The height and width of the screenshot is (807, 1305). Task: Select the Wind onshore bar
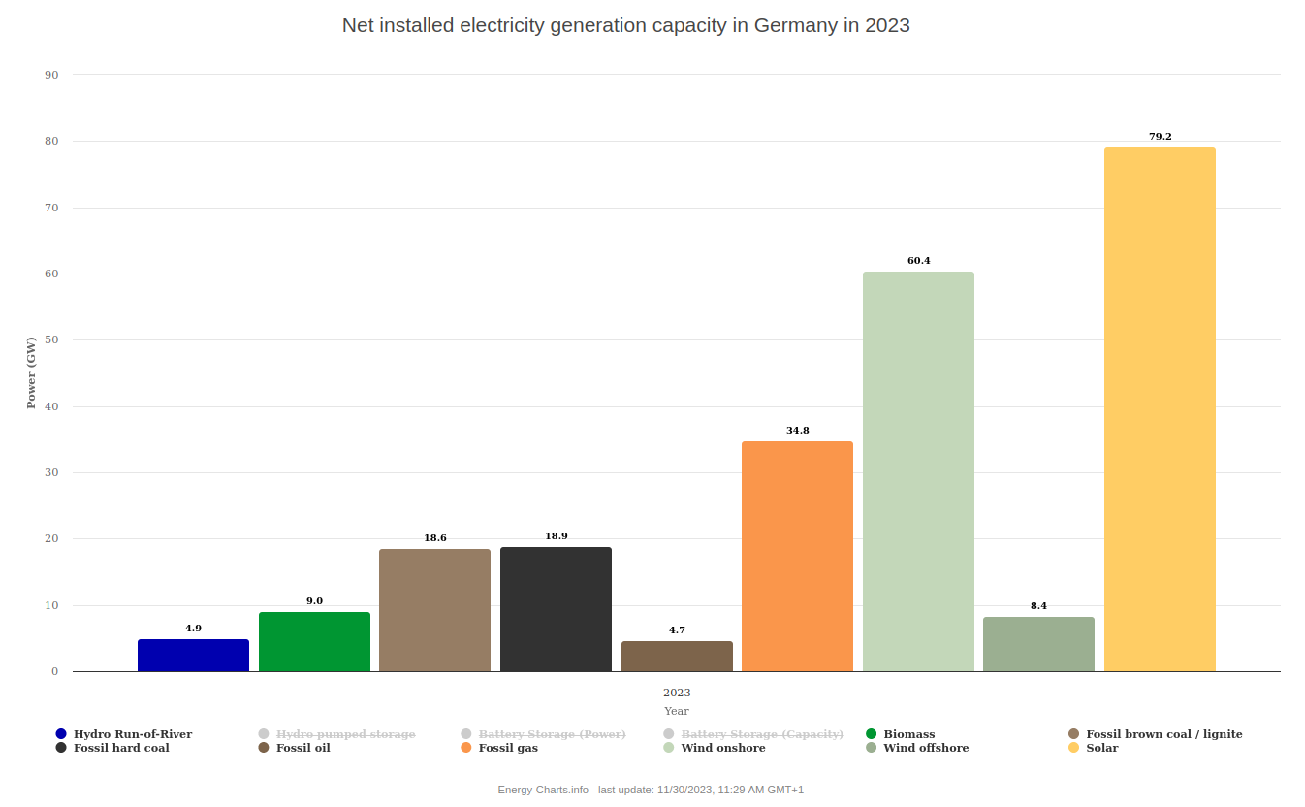(918, 471)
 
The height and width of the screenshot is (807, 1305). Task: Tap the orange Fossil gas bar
(797, 557)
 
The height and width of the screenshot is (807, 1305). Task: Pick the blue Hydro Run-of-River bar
(193, 656)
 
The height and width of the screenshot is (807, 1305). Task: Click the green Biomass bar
(314, 642)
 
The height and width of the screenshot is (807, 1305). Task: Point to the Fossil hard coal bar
(556, 609)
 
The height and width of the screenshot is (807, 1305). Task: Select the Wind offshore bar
(1038, 644)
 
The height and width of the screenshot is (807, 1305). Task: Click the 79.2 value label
(1160, 137)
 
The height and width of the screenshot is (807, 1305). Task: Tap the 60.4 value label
(918, 261)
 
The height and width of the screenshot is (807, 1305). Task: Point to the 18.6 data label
(435, 538)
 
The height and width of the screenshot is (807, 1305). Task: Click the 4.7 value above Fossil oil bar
(677, 630)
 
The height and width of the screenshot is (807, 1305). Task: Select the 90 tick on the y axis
(51, 75)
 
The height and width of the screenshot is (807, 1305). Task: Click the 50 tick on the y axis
(51, 340)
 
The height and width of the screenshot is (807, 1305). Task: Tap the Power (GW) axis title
(31, 372)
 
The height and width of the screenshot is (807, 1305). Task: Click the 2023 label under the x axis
(677, 693)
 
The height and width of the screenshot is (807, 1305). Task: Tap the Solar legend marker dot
(1074, 748)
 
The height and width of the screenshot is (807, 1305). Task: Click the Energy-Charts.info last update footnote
(651, 790)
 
